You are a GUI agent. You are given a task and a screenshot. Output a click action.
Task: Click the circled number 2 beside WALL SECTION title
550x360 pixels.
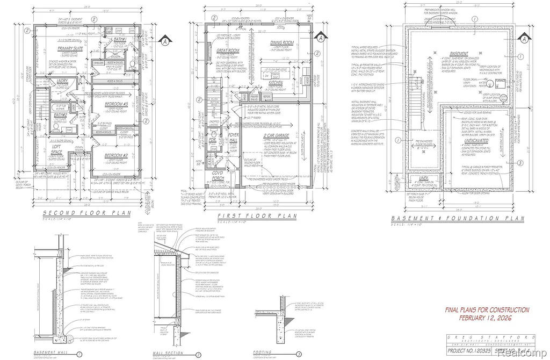pyautogui.click(x=199, y=354)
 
